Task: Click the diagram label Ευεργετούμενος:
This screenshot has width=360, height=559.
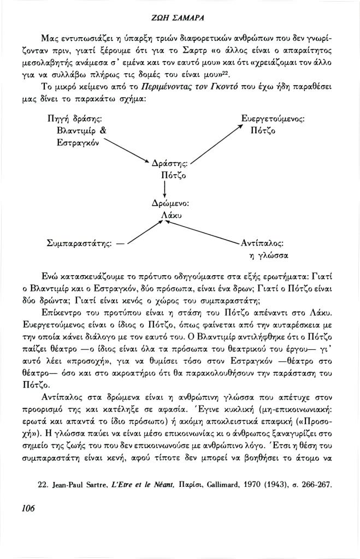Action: coord(273,118)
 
